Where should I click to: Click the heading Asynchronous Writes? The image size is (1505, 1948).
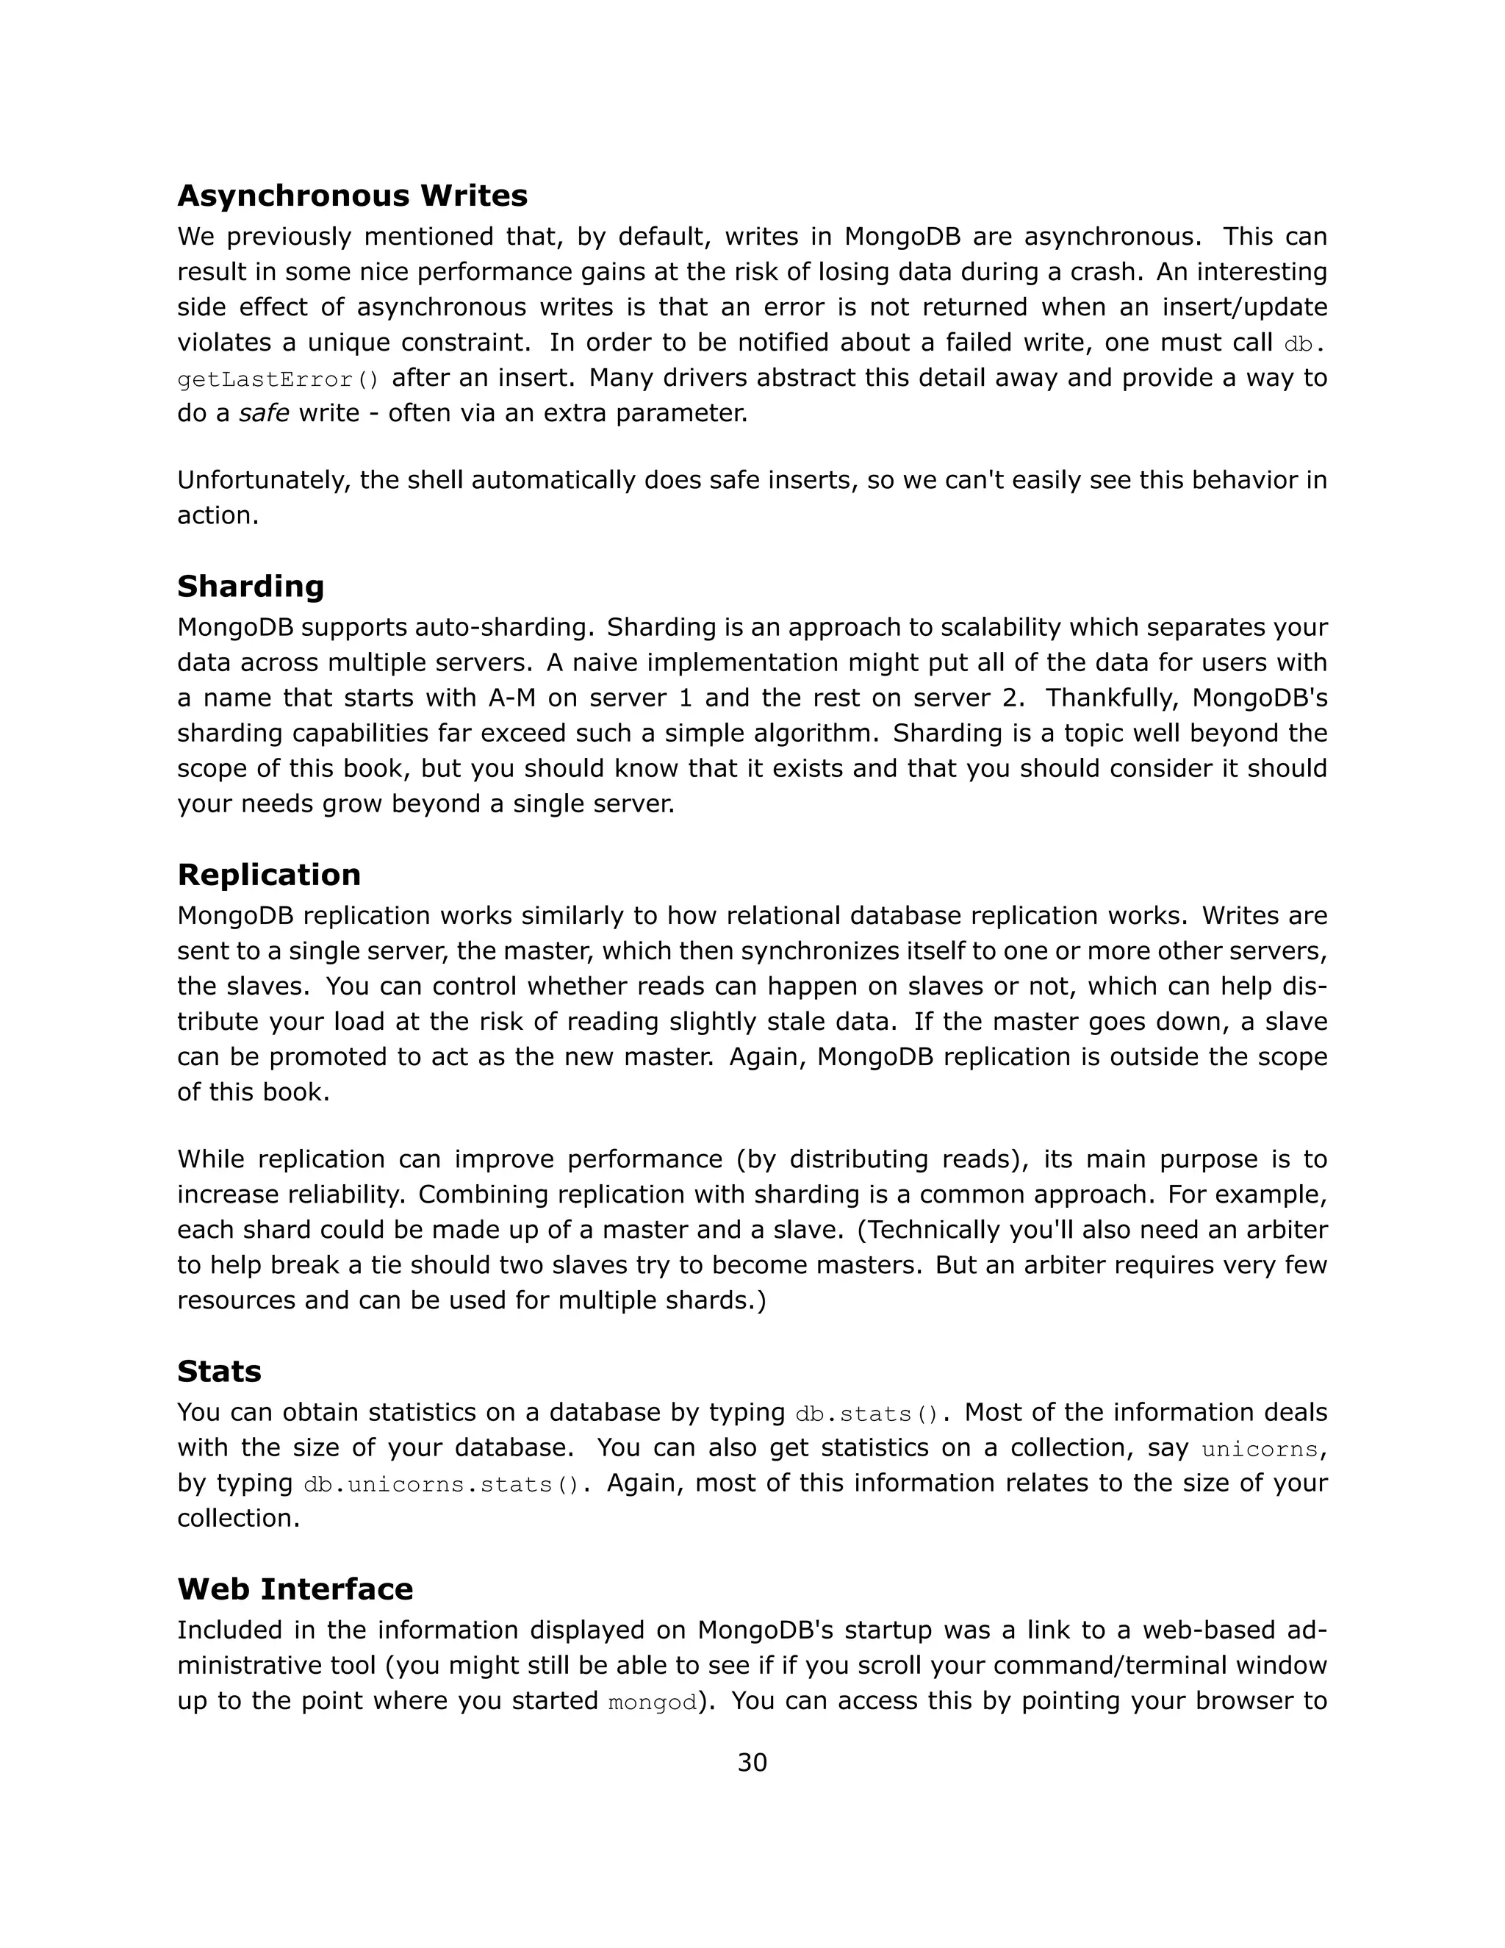[x=352, y=196]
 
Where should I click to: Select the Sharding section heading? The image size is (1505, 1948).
[x=251, y=586]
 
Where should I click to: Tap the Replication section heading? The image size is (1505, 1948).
[x=268, y=874]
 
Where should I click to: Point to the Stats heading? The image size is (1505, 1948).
[x=219, y=1371]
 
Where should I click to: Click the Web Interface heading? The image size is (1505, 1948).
[x=295, y=1589]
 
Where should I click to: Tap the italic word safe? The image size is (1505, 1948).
[x=264, y=413]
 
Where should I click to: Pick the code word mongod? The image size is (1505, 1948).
[x=652, y=1702]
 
